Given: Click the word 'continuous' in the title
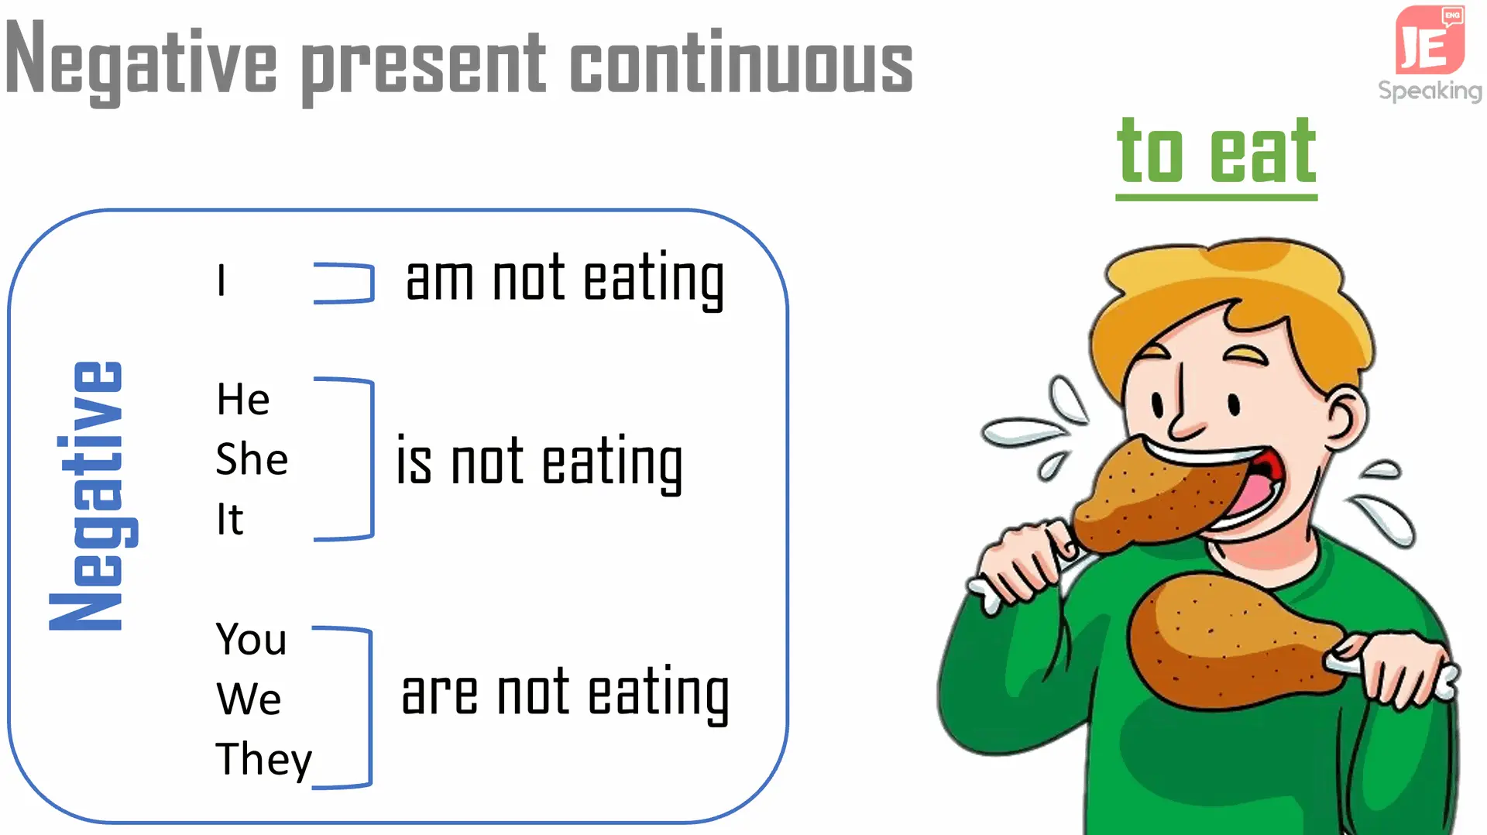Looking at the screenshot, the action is point(741,63).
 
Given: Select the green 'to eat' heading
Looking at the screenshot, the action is point(1216,155).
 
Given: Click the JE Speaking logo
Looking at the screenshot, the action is point(1430,53).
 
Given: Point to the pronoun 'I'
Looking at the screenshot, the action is point(222,280).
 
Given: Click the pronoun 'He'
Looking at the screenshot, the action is point(243,400).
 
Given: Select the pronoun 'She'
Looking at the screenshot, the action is point(252,459).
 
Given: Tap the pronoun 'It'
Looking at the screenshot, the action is point(230,519).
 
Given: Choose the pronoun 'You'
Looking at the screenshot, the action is point(251,639).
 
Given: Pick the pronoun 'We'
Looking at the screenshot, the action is point(249,699).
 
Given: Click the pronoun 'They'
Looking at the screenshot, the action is point(264,760).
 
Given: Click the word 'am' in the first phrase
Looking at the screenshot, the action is point(439,280).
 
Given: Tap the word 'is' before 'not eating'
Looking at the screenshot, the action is point(414,460).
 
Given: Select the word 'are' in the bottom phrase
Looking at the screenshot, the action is point(439,694).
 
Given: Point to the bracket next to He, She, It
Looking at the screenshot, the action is point(373,459).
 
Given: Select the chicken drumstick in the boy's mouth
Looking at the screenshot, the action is point(1154,496).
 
